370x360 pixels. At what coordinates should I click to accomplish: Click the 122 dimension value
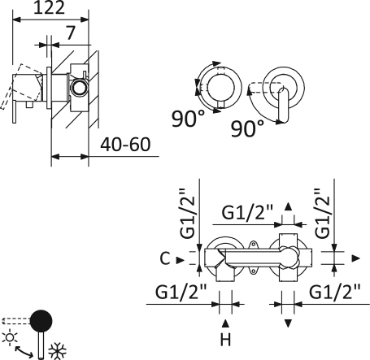tap(49, 7)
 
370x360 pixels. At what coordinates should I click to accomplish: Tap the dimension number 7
tap(71, 33)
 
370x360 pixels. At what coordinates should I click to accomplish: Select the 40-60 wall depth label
tap(125, 145)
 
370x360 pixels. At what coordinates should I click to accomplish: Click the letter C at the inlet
tap(165, 258)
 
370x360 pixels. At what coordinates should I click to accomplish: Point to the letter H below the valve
tap(225, 340)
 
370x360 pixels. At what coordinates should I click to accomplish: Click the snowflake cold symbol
tap(58, 351)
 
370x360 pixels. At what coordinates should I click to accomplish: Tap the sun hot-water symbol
tap(10, 337)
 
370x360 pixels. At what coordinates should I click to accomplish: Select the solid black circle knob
tap(41, 321)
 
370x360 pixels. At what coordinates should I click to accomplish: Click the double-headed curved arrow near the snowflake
tap(24, 352)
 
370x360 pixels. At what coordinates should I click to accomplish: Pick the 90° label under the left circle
tap(189, 119)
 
